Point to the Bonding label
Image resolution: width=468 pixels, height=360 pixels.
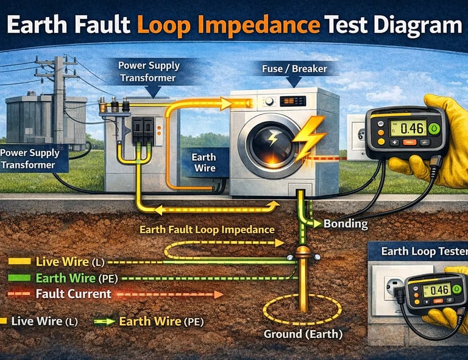pyautogui.click(x=345, y=224)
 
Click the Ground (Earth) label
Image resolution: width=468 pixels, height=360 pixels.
pyautogui.click(x=303, y=334)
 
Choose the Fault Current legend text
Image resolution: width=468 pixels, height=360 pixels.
pyautogui.click(x=73, y=294)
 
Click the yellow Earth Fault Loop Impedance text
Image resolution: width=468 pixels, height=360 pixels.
pyautogui.click(x=207, y=230)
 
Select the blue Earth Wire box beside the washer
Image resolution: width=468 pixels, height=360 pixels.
pyautogui.click(x=204, y=162)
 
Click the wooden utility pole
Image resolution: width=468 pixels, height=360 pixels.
pyautogui.click(x=57, y=97)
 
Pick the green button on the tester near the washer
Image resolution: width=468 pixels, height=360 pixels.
pyautogui.click(x=433, y=129)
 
